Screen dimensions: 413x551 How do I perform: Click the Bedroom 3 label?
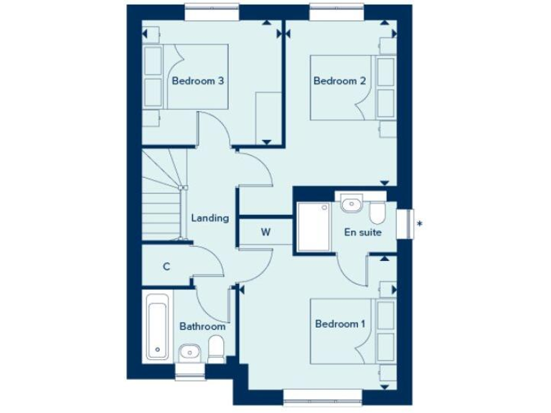click(x=198, y=82)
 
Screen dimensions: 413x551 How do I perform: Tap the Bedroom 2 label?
click(x=339, y=82)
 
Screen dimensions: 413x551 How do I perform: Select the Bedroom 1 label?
click(x=340, y=324)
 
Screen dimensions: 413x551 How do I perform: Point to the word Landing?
click(x=209, y=218)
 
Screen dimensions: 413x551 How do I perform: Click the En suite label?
click(x=363, y=232)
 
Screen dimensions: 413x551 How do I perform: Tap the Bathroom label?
click(x=202, y=326)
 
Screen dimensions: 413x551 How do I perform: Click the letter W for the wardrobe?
click(x=265, y=232)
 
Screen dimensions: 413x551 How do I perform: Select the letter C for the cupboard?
click(x=166, y=267)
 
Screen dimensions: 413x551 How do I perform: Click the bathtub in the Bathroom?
click(x=157, y=326)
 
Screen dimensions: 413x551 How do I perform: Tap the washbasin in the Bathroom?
click(x=189, y=351)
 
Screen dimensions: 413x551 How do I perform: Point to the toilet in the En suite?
click(x=378, y=214)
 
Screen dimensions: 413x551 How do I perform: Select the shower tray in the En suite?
click(x=314, y=226)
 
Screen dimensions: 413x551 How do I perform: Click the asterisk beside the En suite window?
click(x=420, y=224)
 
